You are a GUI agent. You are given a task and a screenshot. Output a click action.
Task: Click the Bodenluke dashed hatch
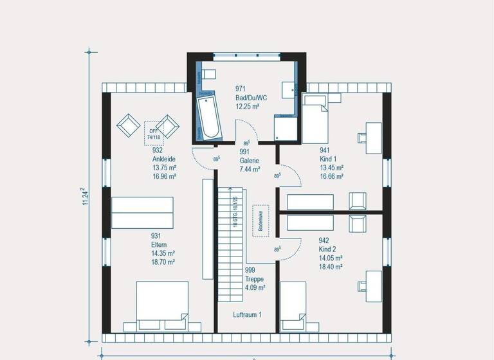point(261,220)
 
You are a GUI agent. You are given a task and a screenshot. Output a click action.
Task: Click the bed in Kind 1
point(316,118)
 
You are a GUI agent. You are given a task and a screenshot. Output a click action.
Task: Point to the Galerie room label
point(249,161)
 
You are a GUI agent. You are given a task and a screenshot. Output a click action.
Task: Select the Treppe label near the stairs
point(255,279)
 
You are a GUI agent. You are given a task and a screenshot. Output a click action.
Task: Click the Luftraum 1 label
point(247,314)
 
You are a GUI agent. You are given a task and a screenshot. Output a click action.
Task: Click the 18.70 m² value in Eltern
point(163,262)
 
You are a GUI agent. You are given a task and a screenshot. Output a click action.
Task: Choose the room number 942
point(324,241)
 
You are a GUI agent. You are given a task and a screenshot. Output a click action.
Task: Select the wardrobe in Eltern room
point(142,212)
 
